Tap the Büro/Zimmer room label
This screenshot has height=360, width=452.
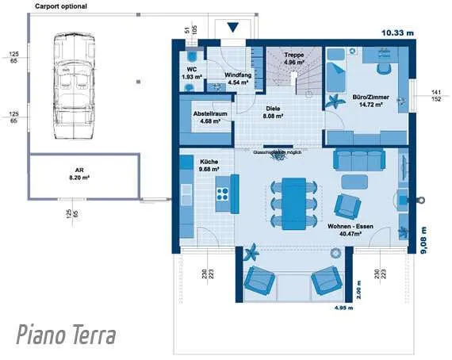point(368,99)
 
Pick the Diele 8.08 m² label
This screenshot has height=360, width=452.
point(273,112)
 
